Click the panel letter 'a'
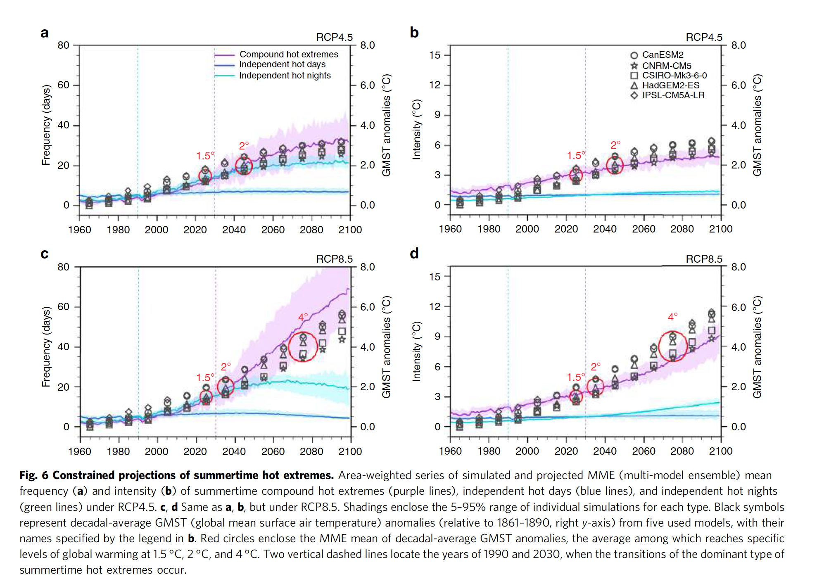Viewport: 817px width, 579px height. tap(45, 33)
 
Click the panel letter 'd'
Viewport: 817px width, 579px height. tap(414, 253)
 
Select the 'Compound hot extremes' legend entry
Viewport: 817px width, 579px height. tap(288, 55)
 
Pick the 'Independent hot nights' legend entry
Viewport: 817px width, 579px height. tap(285, 76)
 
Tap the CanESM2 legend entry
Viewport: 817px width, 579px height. tap(662, 55)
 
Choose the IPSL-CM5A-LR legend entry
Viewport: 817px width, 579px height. tap(673, 95)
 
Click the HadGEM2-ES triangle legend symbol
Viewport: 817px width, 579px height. tap(634, 85)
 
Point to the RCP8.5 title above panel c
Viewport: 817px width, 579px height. tap(334, 259)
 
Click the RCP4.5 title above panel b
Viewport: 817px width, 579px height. tap(704, 38)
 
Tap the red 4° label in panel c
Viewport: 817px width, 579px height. tap(303, 317)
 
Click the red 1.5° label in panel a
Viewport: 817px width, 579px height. tap(205, 156)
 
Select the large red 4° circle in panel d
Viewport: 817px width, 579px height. tap(673, 346)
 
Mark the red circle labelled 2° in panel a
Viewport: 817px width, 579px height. tap(244, 166)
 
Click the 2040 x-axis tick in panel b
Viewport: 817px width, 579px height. tap(605, 229)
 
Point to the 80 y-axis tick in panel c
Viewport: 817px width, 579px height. tap(64, 267)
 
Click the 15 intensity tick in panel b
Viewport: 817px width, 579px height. tap(435, 55)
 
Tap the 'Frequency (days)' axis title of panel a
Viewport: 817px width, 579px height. tap(46, 125)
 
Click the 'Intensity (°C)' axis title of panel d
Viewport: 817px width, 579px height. tap(417, 351)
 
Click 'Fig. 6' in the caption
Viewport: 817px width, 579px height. tap(34, 475)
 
